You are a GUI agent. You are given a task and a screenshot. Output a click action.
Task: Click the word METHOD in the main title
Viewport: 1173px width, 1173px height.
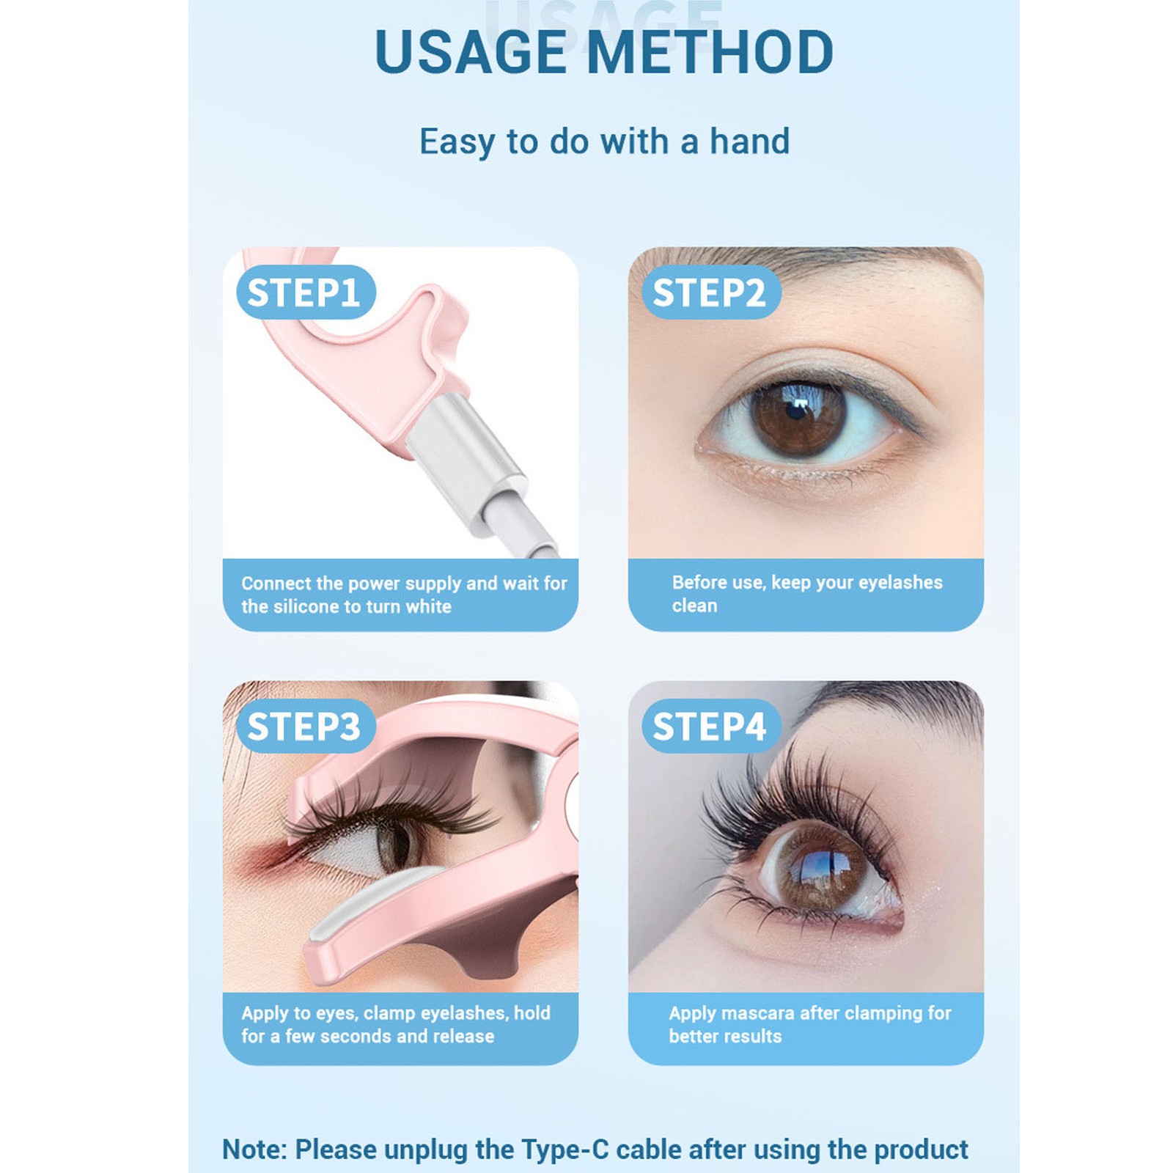coord(710,52)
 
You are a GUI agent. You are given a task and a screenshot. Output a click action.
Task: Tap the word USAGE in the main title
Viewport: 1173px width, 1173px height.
coord(470,52)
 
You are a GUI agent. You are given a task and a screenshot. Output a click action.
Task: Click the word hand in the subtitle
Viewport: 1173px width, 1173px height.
coord(749,141)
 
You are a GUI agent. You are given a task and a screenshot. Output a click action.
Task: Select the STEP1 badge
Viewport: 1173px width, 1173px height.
coord(306,293)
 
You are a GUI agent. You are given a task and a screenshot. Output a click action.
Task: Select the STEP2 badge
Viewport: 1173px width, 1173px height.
coord(711,293)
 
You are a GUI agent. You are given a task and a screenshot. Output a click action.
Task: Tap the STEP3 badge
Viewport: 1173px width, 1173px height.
coord(306,727)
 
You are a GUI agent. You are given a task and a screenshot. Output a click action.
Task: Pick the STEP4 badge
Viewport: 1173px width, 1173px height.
coord(711,727)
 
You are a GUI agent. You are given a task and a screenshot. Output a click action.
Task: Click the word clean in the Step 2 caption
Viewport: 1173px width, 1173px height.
coord(694,606)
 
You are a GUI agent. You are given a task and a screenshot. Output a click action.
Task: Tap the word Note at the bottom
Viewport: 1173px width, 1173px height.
coord(254,1149)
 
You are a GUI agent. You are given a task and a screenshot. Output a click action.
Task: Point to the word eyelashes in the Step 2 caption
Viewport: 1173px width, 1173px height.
coord(900,583)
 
